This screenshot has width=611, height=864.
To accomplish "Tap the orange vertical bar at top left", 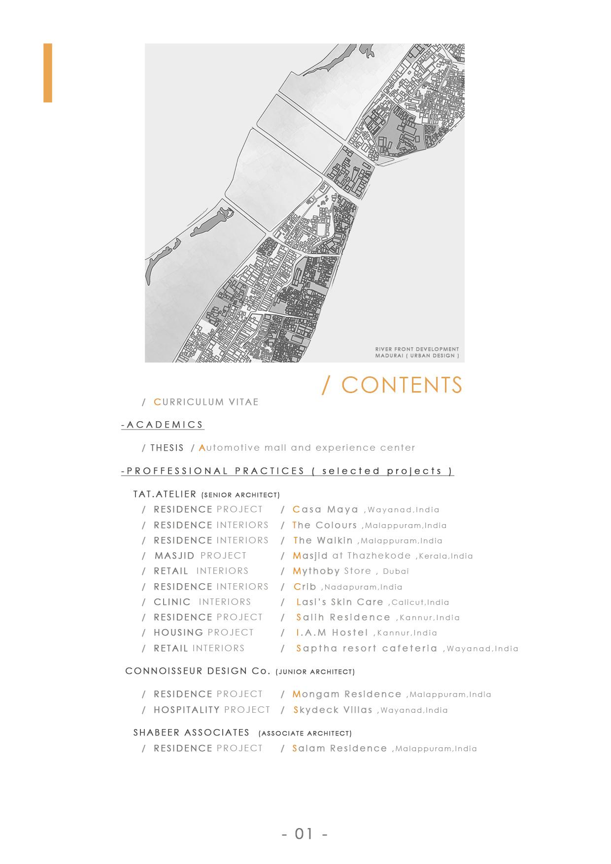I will pyautogui.click(x=48, y=73).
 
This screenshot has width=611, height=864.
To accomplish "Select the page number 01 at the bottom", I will pyautogui.click(x=304, y=833).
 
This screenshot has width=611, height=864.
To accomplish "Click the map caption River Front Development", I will pyautogui.click(x=417, y=349).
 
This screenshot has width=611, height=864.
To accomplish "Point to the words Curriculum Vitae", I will pyautogui.click(x=206, y=402).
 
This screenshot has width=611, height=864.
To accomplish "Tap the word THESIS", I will pyautogui.click(x=167, y=448).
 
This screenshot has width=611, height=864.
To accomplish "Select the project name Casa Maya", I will pyautogui.click(x=325, y=509).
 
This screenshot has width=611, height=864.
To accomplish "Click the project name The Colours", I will pyautogui.click(x=325, y=525).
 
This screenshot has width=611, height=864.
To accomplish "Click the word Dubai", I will pyautogui.click(x=396, y=571).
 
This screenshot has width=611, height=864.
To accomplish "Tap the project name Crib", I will pyautogui.click(x=305, y=587).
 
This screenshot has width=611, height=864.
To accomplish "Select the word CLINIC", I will pyautogui.click(x=172, y=602).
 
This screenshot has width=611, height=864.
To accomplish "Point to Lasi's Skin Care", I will pyautogui.click(x=340, y=602).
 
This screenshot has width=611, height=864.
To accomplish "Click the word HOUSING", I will pyautogui.click(x=178, y=632).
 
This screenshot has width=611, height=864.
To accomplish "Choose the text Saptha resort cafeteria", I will pyautogui.click(x=367, y=648).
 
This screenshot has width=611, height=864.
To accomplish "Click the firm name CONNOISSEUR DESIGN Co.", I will pyautogui.click(x=198, y=671).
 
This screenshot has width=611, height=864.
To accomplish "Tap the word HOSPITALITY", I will pyautogui.click(x=186, y=710).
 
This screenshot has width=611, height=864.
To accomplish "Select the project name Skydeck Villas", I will pyautogui.click(x=333, y=710).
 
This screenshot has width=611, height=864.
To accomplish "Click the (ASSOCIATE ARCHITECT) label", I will pyautogui.click(x=305, y=733).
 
